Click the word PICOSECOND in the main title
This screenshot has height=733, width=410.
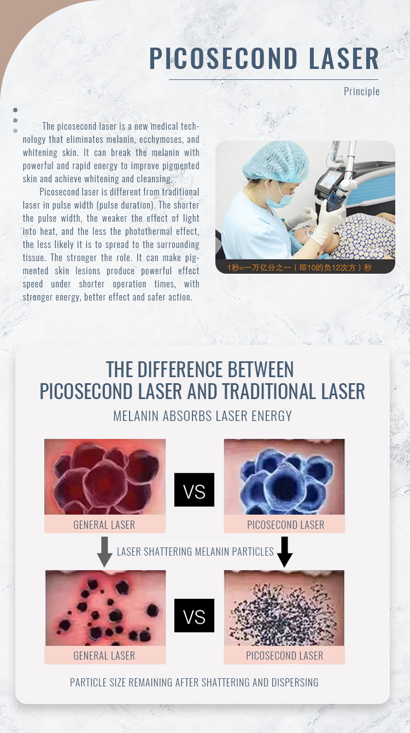pos(223,58)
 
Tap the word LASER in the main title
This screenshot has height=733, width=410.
pos(344,58)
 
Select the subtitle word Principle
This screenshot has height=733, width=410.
pos(362,91)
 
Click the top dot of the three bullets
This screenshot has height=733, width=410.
pos(15,110)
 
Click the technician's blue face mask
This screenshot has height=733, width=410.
pos(279,197)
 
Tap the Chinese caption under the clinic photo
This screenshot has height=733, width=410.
pos(299,268)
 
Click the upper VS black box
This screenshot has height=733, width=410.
pos(194,489)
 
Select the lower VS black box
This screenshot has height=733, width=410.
pos(194,615)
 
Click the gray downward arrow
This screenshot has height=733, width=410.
pos(104,552)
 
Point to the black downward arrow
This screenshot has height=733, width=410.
pos(285,552)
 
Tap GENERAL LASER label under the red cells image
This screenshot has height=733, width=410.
pos(104,525)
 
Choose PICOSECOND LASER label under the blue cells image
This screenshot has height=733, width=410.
pos(285,525)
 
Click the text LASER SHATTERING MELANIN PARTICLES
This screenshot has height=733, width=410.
pos(195,552)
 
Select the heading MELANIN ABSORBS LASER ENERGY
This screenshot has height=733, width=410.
pos(203,416)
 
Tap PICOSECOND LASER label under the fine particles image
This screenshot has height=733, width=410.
pos(285,656)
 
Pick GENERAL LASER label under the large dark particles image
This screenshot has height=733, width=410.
pos(104,656)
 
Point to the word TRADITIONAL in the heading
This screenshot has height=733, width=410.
pos(269,391)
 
